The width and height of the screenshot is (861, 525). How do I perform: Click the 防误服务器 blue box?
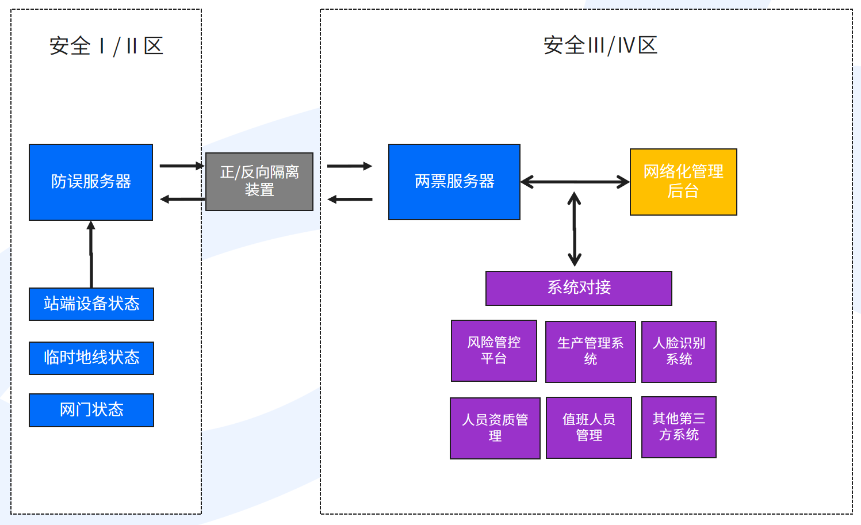(x=91, y=182)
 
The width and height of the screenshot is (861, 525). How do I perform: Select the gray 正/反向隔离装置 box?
(x=259, y=181)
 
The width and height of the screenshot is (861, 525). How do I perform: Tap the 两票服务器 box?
(x=454, y=182)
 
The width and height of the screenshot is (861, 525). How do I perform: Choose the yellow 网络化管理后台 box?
(x=683, y=182)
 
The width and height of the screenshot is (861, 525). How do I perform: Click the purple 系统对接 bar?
(x=579, y=288)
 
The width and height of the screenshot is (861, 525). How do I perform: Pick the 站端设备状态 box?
(x=91, y=304)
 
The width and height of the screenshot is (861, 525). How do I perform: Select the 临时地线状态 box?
(x=91, y=358)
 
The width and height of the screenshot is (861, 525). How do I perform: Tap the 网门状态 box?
(x=91, y=410)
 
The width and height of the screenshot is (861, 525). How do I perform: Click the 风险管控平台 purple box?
(x=494, y=351)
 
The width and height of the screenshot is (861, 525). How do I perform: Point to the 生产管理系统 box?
(x=591, y=352)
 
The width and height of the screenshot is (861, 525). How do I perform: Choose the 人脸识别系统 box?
(x=679, y=352)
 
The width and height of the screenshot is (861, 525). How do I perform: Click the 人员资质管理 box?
(x=495, y=428)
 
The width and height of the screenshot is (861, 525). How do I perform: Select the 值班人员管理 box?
(x=589, y=428)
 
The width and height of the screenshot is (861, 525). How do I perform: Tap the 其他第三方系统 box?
(x=679, y=427)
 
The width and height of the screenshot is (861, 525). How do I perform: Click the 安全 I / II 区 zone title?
(x=106, y=46)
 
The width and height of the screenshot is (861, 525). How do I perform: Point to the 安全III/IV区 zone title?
(x=600, y=45)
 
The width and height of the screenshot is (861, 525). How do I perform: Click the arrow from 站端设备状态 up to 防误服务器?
(x=91, y=254)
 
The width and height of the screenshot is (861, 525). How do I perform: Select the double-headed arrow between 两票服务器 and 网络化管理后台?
(x=575, y=182)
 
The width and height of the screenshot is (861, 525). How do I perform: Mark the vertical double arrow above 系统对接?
(x=574, y=229)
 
